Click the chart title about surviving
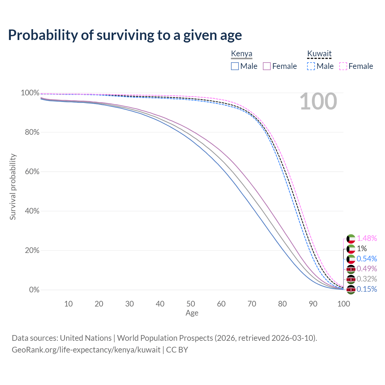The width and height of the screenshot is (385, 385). pyautogui.click(x=125, y=35)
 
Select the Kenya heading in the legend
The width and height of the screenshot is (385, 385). pyautogui.click(x=242, y=54)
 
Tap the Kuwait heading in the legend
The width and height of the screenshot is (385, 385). pyautogui.click(x=319, y=54)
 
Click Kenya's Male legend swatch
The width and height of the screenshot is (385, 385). pyautogui.click(x=235, y=66)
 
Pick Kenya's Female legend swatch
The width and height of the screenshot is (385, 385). pyautogui.click(x=267, y=66)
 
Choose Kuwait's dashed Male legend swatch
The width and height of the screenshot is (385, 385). pyautogui.click(x=311, y=66)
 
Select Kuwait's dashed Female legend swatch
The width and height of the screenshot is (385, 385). pyautogui.click(x=343, y=66)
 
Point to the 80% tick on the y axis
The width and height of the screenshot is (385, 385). pyautogui.click(x=30, y=132)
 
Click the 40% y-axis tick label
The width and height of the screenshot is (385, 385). pyautogui.click(x=30, y=211)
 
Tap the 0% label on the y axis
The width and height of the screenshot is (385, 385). pyautogui.click(x=34, y=290)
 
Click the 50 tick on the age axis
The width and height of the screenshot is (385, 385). pyautogui.click(x=191, y=304)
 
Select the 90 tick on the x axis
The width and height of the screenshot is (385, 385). pyautogui.click(x=313, y=304)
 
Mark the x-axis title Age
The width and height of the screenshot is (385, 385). pyautogui.click(x=192, y=313)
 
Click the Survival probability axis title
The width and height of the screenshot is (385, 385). pyautogui.click(x=13, y=187)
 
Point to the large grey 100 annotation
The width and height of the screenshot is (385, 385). pyautogui.click(x=318, y=102)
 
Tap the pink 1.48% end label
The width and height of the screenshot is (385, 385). pyautogui.click(x=367, y=239)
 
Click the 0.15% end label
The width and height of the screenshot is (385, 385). pyautogui.click(x=367, y=289)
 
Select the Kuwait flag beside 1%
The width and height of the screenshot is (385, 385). pyautogui.click(x=351, y=249)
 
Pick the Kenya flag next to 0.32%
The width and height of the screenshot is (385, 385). pyautogui.click(x=351, y=279)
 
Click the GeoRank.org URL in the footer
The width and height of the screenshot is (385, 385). pyautogui.click(x=86, y=350)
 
